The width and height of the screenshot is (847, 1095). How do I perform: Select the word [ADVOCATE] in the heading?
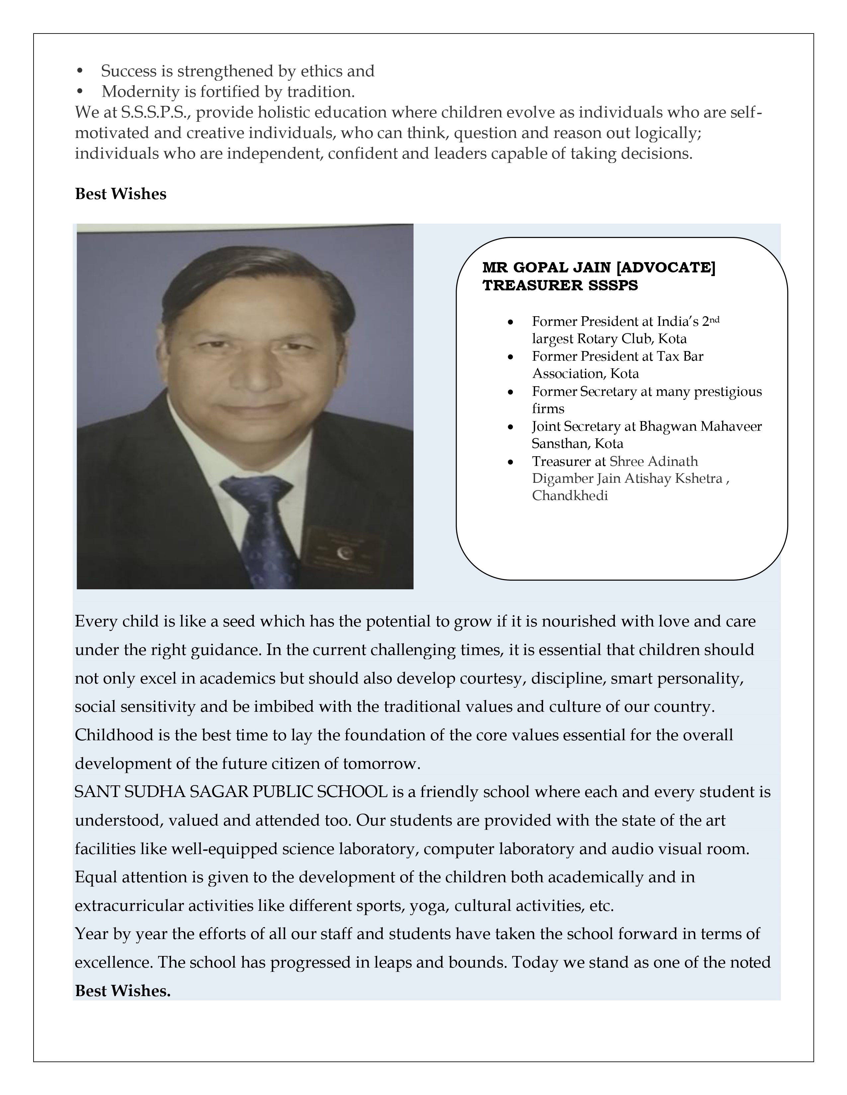[665, 268]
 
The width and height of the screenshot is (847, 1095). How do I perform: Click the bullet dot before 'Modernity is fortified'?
[79, 92]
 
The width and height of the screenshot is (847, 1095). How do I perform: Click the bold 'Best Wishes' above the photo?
[121, 194]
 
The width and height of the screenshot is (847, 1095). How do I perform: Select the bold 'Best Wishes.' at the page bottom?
[123, 991]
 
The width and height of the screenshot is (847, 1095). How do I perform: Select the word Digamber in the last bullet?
[562, 479]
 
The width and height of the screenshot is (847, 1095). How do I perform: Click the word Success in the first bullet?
[129, 71]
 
